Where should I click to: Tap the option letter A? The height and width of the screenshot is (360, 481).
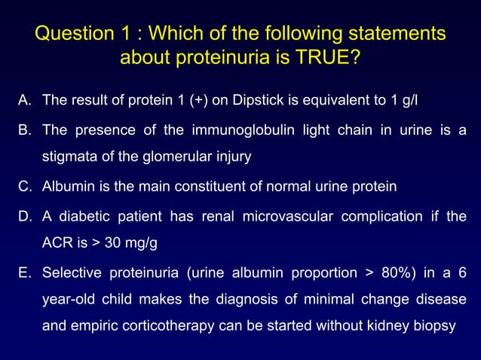[25, 99]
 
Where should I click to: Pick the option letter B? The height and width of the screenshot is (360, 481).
[25, 130]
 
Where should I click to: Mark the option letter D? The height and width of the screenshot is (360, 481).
[25, 217]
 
